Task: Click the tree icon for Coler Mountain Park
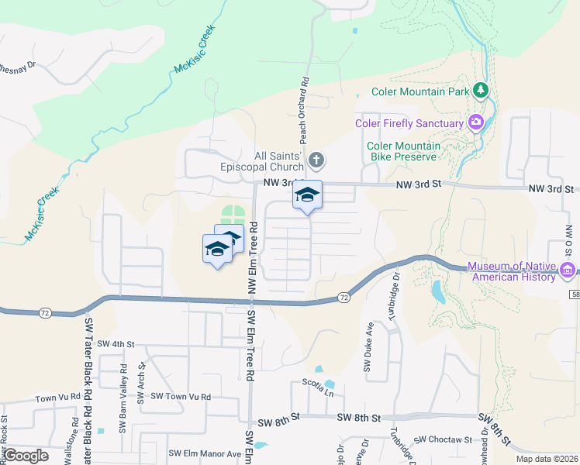482,91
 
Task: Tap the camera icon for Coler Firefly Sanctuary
475,122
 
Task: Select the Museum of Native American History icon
568,270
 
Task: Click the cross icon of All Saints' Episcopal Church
316,160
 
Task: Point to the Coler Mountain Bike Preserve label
403,150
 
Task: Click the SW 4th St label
111,343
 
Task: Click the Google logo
27,455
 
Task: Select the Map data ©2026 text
547,459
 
